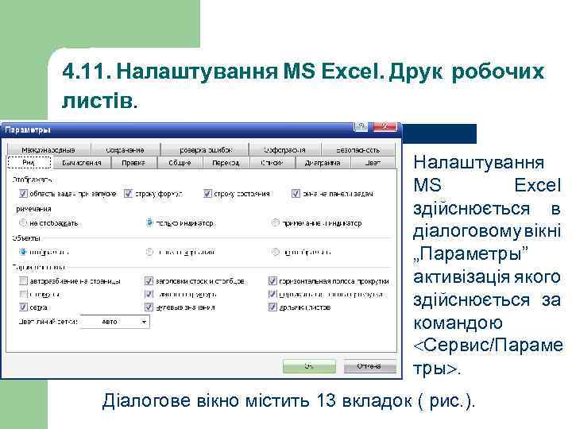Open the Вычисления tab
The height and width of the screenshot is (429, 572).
point(81,163)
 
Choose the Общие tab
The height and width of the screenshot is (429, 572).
point(180,163)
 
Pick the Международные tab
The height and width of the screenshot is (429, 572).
point(48,149)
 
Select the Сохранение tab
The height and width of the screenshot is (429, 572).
point(126,149)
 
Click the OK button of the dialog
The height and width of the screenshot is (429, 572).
point(310,366)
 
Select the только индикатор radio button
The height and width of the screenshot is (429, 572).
point(149,222)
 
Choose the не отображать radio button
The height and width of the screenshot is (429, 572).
point(22,222)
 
